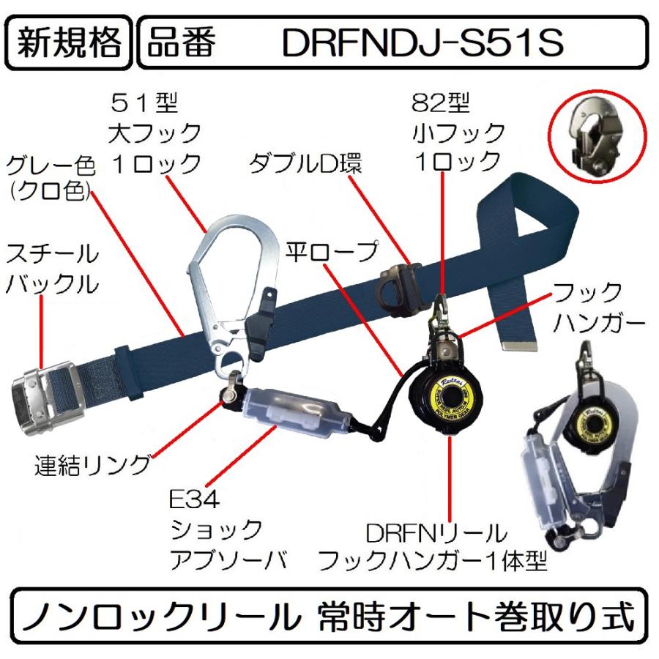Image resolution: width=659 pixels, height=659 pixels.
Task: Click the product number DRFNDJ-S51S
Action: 422,44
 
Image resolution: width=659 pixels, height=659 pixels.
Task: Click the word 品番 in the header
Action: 181,44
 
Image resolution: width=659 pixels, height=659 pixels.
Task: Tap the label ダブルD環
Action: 305,163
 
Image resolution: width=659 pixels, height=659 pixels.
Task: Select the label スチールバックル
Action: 51,269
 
